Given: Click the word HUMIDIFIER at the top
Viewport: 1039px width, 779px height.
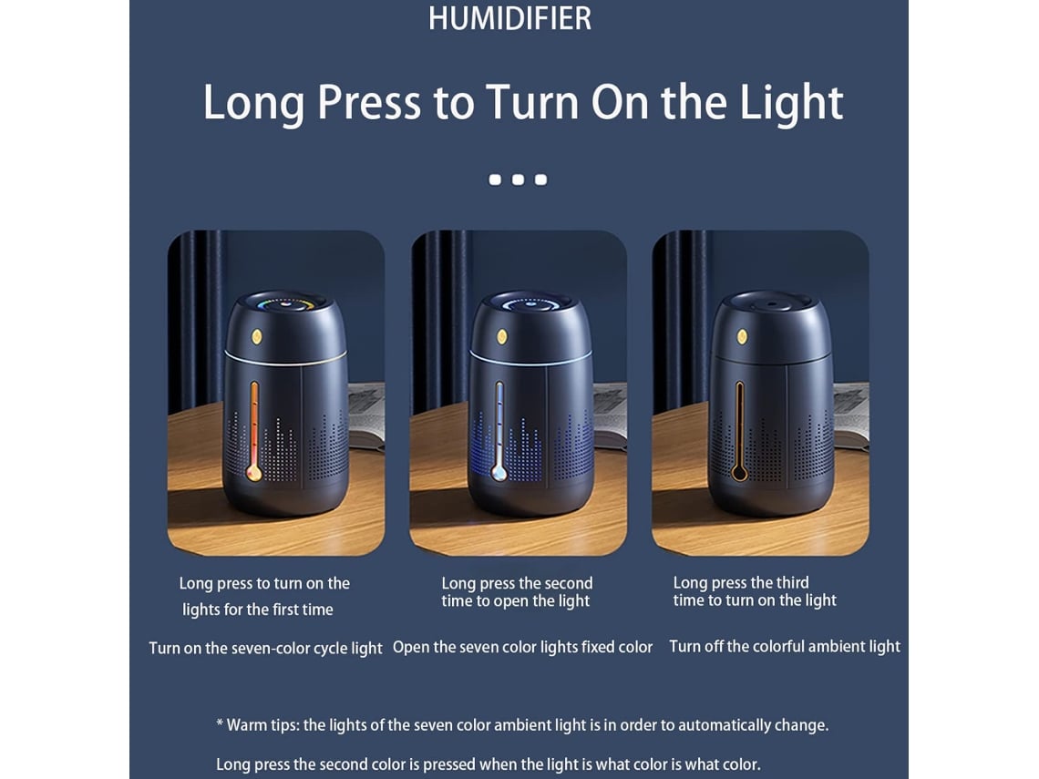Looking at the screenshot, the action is [x=509, y=18].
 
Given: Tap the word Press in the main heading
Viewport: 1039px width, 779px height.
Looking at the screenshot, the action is [x=368, y=103].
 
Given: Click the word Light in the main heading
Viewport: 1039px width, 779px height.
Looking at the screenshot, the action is [x=790, y=104].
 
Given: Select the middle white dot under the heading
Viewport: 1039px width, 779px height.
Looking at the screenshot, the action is [x=519, y=179].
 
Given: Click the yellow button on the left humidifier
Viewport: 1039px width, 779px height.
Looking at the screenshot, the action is [x=256, y=336].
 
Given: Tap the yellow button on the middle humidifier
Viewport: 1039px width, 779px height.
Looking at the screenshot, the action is [x=502, y=336].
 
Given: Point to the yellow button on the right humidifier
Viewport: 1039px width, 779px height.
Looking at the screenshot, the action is [x=742, y=336].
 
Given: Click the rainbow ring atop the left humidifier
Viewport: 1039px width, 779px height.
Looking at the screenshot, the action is [x=285, y=305].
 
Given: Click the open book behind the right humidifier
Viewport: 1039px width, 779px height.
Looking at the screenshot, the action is [x=851, y=415].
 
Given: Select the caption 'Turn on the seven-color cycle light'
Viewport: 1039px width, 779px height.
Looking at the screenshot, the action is [x=266, y=648].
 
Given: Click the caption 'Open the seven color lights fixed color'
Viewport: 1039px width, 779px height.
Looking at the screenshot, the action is [x=523, y=647].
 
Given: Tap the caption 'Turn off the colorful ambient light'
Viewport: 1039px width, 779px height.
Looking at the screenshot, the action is [x=785, y=647].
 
